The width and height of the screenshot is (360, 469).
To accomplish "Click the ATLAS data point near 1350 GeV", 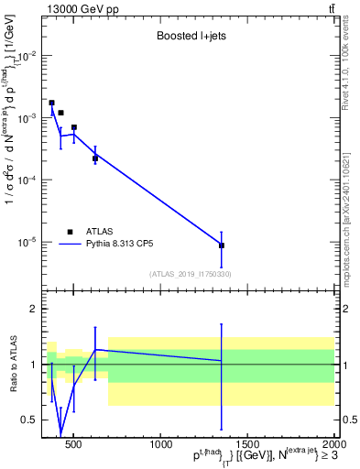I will tap(222, 245).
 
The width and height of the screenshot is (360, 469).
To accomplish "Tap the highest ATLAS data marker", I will tap(51, 103).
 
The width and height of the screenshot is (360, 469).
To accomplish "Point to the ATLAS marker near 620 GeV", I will tap(95, 158).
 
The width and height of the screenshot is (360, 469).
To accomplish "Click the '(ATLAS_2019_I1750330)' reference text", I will tap(190, 274).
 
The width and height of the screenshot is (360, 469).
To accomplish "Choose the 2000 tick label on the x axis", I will tap(333, 445).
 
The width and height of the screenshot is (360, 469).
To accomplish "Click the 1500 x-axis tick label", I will tap(247, 445).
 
